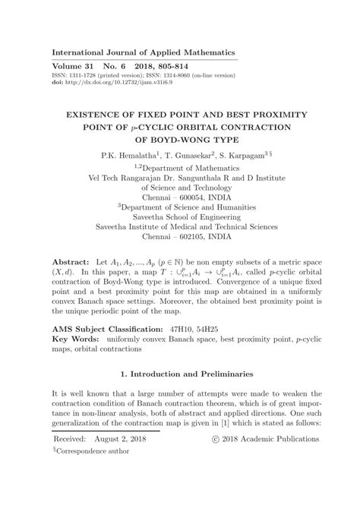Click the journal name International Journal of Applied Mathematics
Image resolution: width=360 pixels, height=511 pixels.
(144, 52)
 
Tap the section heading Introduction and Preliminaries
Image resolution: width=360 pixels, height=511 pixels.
(185, 374)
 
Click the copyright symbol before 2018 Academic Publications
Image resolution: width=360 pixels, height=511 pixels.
(216, 440)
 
